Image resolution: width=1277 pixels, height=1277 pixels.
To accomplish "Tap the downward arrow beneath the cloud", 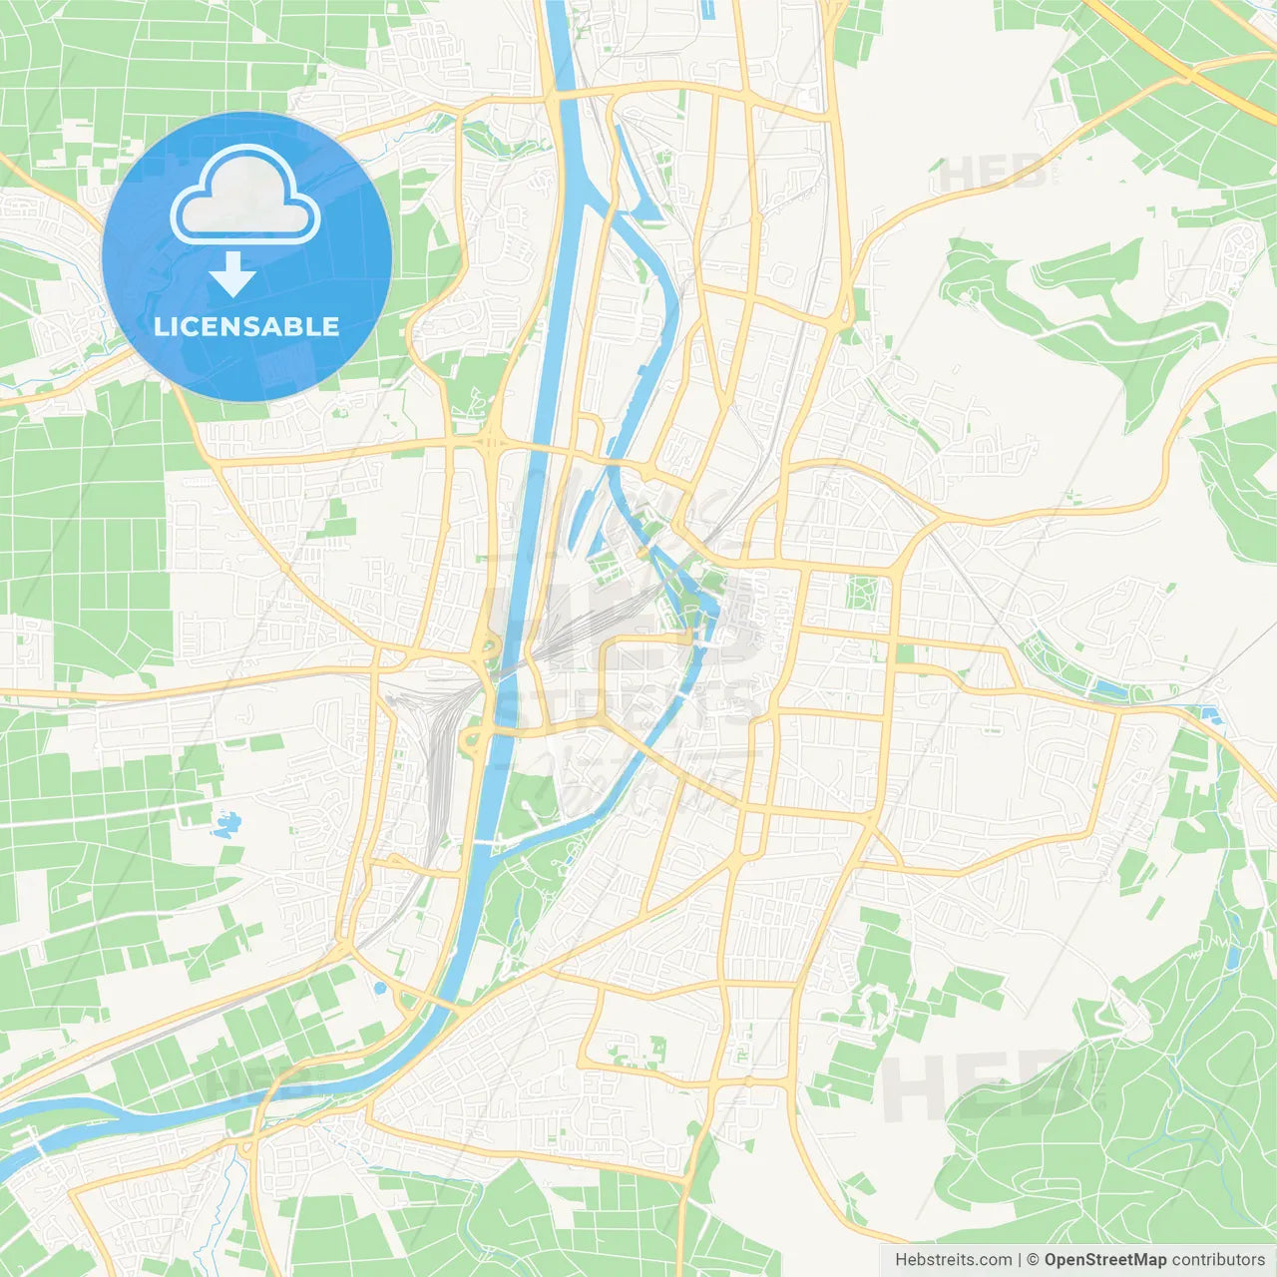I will [232, 274].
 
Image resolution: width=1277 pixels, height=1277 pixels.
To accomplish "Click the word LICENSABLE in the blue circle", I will [246, 326].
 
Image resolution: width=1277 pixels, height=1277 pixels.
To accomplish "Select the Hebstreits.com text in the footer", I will [953, 1260].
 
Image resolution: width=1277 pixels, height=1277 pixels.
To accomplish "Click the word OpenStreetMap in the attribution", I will [1105, 1260].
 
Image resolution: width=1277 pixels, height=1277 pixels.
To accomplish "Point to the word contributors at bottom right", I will [1218, 1260].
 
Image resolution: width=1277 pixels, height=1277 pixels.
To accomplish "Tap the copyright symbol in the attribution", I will [1033, 1260].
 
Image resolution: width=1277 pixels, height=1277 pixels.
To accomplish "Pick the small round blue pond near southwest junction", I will [379, 988].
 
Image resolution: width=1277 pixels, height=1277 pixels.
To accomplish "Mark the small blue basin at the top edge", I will [708, 10].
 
